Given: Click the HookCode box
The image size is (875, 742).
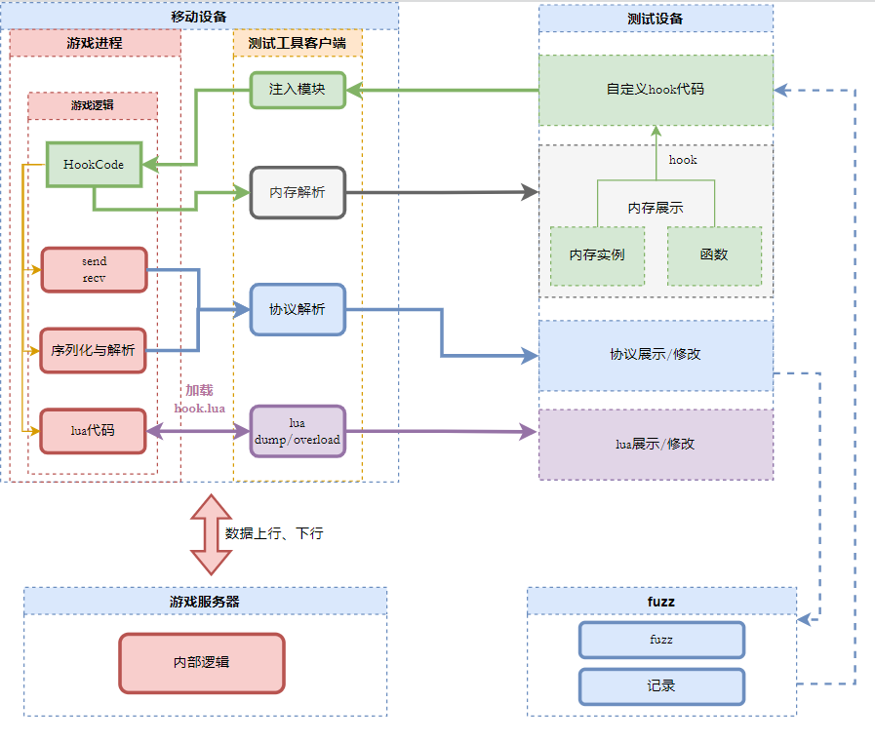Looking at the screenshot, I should (x=94, y=165).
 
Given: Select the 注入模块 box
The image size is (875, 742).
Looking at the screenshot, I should (x=297, y=90).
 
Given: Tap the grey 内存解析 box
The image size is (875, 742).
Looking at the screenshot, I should (x=298, y=192).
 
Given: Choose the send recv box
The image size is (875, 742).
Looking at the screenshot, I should (x=94, y=269).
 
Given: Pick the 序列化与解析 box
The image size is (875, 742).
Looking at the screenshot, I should (x=93, y=350).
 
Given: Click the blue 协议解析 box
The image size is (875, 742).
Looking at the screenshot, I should (x=298, y=309).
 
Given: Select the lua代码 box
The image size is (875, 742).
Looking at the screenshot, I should (x=93, y=431).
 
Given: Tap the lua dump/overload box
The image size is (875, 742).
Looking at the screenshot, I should (x=298, y=431).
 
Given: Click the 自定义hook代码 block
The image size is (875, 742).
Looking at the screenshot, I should (x=656, y=90).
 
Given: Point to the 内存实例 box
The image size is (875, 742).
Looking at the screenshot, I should (x=597, y=255).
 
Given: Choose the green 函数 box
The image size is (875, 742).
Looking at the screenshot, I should (x=714, y=255).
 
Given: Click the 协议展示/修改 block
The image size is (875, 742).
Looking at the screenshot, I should (x=656, y=355).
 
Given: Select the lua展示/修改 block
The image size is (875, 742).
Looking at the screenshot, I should (x=656, y=445).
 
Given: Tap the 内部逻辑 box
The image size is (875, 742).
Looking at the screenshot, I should (x=202, y=663).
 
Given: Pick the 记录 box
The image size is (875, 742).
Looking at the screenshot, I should (x=661, y=686).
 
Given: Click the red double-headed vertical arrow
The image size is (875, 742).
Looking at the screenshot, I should (x=212, y=533).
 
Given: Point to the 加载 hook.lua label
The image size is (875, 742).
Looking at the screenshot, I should (x=199, y=399).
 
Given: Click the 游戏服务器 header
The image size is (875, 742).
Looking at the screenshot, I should (x=205, y=602).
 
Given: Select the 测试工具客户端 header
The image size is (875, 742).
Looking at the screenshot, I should (x=298, y=43).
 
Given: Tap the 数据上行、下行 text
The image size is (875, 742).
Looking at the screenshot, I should (x=274, y=534).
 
